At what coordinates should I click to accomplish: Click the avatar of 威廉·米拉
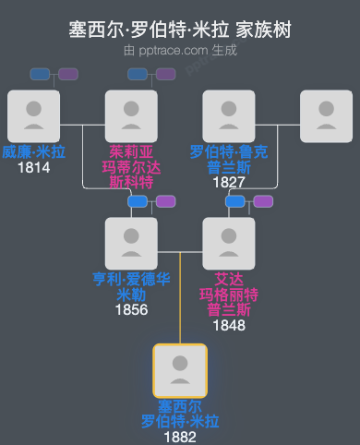point(33,115)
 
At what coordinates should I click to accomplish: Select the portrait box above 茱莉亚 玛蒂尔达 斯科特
point(131,115)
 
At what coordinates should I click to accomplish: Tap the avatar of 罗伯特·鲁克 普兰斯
point(229,115)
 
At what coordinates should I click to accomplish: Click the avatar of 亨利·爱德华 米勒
point(131,243)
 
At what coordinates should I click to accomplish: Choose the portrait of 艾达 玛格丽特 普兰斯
point(229,243)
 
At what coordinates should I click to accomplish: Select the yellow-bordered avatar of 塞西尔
point(180,370)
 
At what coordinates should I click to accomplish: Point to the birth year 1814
point(33,168)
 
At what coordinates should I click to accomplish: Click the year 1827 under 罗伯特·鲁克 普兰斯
point(229,182)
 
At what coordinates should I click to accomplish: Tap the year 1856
point(131,309)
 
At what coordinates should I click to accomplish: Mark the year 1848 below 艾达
point(229,324)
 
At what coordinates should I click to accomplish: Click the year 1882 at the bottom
point(180,437)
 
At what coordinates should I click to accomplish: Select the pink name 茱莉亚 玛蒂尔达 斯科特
point(131,166)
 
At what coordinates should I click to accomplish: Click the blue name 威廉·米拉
point(33,152)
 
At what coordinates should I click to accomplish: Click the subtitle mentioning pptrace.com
point(180,50)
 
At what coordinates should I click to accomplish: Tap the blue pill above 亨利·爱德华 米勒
point(138,201)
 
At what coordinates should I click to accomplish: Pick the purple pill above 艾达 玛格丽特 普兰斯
point(263,201)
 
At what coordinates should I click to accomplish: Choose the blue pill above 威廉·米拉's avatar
point(40,74)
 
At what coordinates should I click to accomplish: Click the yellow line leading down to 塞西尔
point(180,305)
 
